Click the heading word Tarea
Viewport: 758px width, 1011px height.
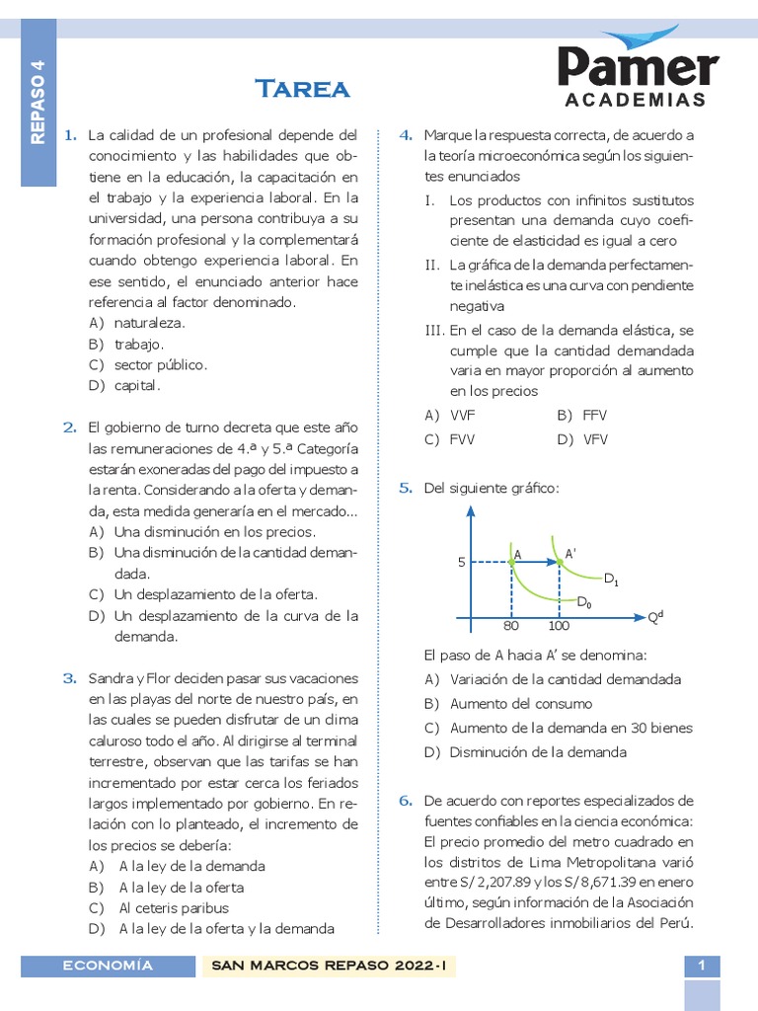point(303,90)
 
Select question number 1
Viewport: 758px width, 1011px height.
point(69,134)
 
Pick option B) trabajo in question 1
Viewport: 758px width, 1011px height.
point(125,344)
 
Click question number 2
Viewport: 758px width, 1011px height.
point(69,428)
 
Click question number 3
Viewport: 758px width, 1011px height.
point(69,678)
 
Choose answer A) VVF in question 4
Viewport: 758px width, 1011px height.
point(450,416)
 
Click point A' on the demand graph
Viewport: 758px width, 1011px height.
point(568,554)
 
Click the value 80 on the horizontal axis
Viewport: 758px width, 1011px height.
point(510,626)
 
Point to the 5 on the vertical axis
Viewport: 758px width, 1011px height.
point(460,562)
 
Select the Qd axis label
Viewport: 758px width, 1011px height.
point(654,618)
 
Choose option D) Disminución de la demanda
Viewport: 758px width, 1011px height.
point(525,752)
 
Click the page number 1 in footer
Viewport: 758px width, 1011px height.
point(701,966)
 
